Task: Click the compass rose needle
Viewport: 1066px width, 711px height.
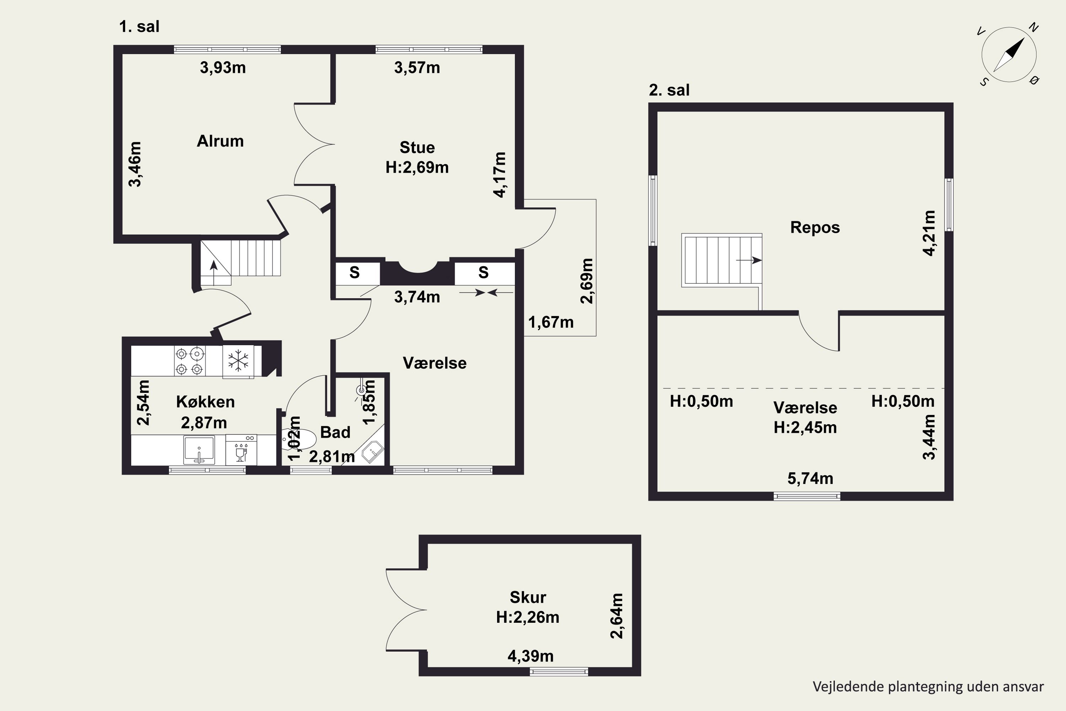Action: [x=1009, y=55]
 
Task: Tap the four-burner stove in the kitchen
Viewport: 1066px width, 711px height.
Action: [x=189, y=361]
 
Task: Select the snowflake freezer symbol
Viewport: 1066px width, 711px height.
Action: [x=238, y=361]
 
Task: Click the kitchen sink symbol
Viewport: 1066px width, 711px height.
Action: [x=199, y=449]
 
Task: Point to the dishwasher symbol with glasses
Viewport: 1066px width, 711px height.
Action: [x=241, y=450]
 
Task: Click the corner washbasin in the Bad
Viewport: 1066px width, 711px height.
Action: [x=372, y=451]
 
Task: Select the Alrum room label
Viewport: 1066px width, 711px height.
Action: [x=220, y=141]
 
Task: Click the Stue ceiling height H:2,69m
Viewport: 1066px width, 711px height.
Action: [x=417, y=167]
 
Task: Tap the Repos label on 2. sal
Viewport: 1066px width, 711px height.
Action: [x=815, y=227]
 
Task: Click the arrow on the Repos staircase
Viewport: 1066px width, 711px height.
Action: [x=749, y=260]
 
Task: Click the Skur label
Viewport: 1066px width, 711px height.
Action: [x=528, y=597]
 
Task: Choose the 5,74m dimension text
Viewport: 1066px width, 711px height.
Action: [x=811, y=479]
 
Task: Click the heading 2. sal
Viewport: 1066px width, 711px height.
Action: [x=669, y=90]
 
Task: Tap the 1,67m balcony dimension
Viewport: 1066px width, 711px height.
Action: [x=551, y=322]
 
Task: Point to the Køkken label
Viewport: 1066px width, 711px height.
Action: [x=205, y=402]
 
